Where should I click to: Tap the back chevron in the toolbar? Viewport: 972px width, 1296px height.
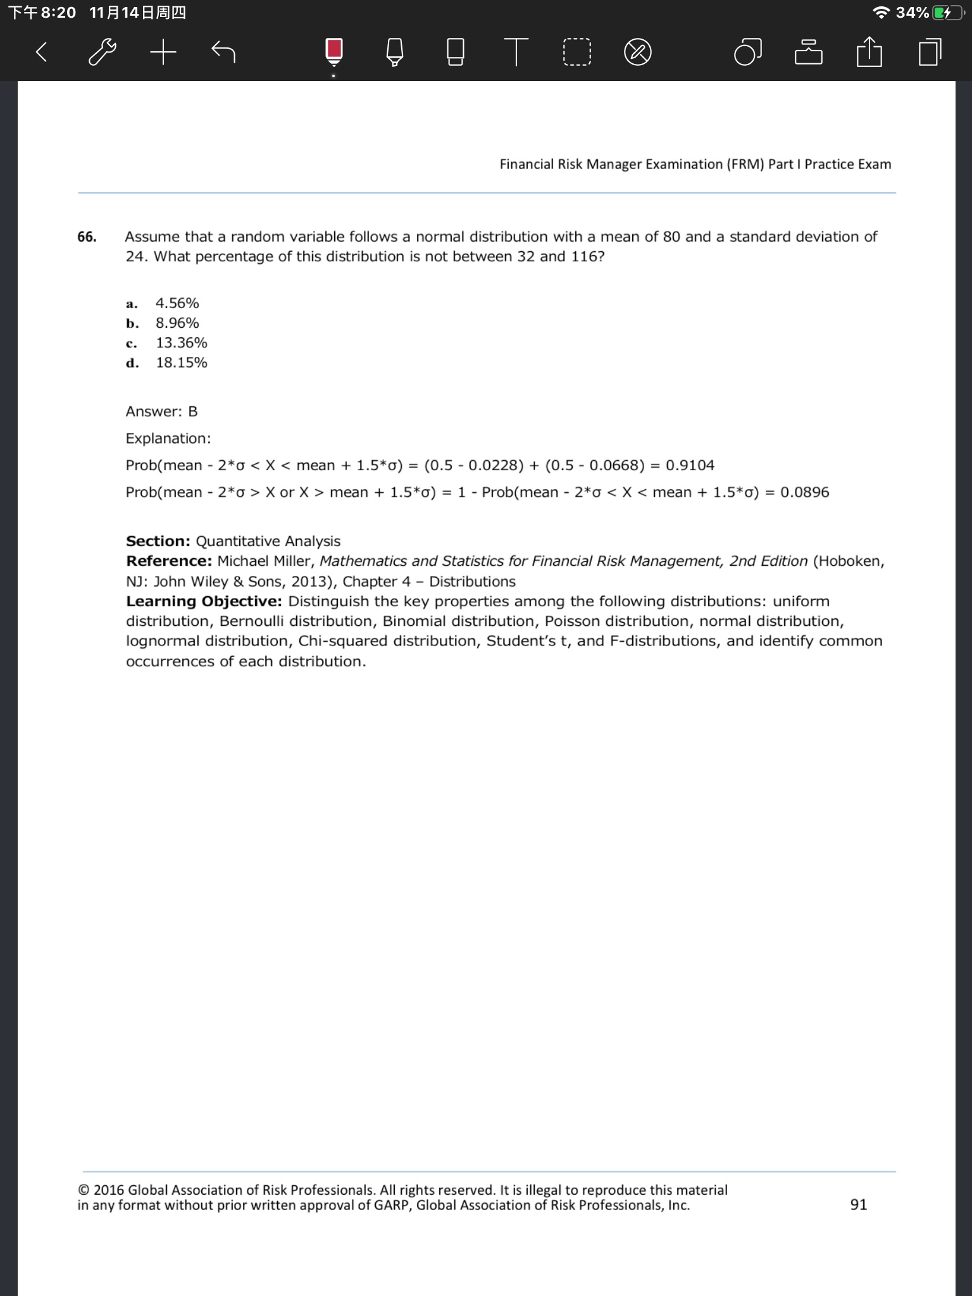tap(42, 52)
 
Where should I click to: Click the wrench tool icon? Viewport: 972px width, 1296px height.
tap(102, 52)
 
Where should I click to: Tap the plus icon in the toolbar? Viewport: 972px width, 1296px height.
tap(163, 52)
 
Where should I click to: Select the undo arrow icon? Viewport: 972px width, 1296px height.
tap(223, 52)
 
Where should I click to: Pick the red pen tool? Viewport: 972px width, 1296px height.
tap(334, 51)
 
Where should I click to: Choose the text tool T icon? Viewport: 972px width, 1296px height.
tap(516, 52)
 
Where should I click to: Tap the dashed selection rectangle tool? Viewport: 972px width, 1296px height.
tap(576, 53)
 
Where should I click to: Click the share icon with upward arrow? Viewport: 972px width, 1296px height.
tap(869, 52)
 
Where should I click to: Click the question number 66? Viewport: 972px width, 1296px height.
tap(87, 237)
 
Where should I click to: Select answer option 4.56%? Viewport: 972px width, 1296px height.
tap(177, 303)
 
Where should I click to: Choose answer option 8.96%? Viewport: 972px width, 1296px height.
tap(177, 323)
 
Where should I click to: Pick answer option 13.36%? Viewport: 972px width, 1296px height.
tap(182, 342)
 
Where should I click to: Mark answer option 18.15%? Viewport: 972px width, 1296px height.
tap(182, 363)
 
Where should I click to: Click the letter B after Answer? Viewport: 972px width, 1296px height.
tap(193, 411)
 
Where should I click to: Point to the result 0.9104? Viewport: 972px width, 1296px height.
tap(690, 465)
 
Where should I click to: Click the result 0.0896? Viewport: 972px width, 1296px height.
tap(804, 492)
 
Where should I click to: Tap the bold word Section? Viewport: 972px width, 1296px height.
tap(158, 541)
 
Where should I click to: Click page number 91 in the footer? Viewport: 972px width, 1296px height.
tap(859, 1204)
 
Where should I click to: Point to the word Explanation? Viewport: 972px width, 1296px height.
tap(168, 439)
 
